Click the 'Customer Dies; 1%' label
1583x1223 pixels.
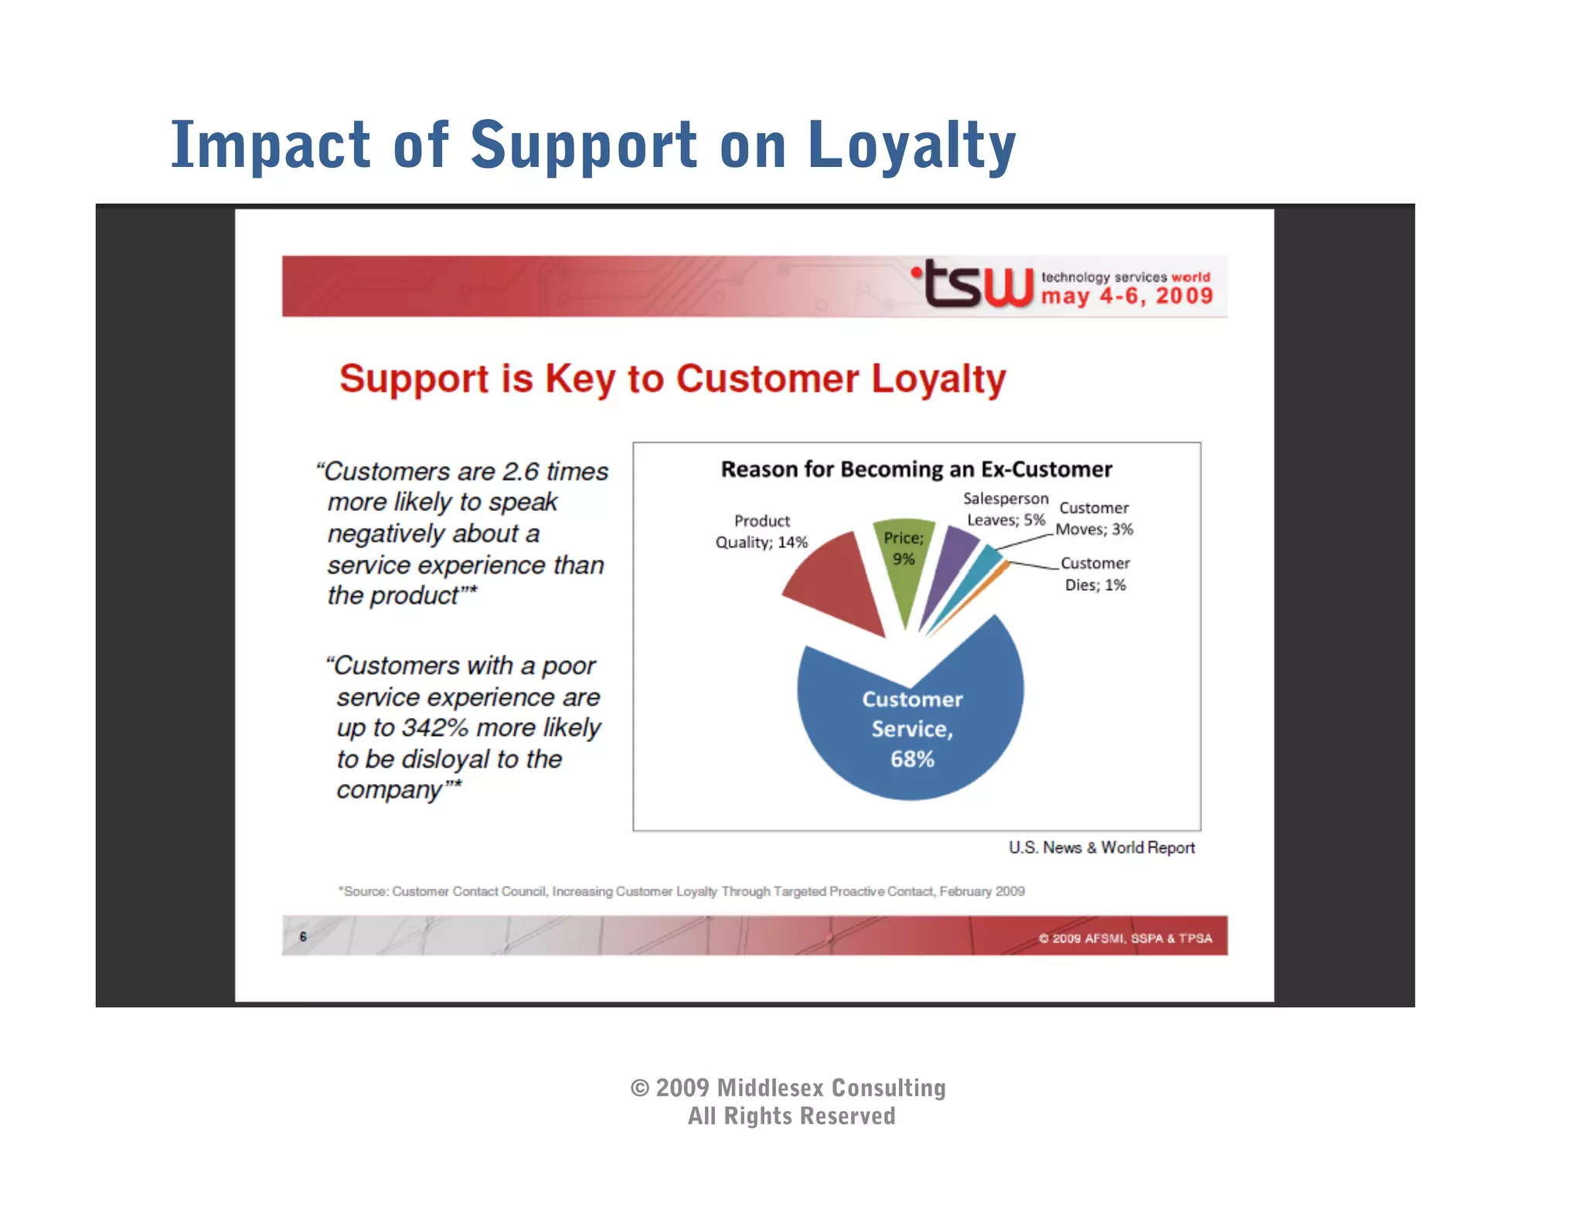pos(1094,574)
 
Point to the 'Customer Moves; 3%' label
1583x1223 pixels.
pos(1094,519)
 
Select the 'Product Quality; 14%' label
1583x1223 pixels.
pos(761,532)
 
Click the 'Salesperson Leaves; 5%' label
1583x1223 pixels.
pos(1006,509)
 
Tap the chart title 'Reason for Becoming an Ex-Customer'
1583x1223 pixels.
pos(916,469)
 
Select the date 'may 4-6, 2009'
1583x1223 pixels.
pos(1127,296)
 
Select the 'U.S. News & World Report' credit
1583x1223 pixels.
pos(1101,848)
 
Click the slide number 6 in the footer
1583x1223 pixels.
pos(303,937)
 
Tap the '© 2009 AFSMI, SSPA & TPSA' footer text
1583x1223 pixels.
pos(1125,939)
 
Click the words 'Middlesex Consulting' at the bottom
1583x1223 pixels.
pos(831,1088)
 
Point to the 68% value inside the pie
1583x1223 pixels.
pos(912,759)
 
